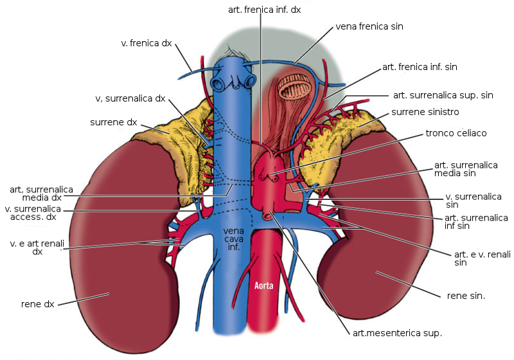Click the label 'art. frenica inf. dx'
pyautogui.click(x=264, y=10)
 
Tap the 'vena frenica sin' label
pyautogui.click(x=369, y=27)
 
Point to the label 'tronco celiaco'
pyautogui.click(x=456, y=133)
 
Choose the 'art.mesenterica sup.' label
pyautogui.click(x=397, y=333)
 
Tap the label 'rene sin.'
pyautogui.click(x=465, y=296)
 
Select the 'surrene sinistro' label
pyautogui.click(x=425, y=112)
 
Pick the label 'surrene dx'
pyautogui.click(x=112, y=122)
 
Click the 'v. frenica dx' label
pyautogui.click(x=146, y=43)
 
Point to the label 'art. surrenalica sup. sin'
pyautogui.click(x=443, y=94)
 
